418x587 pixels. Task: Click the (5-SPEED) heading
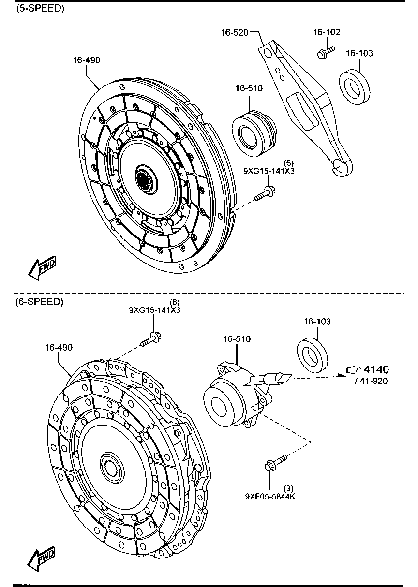coord(40,9)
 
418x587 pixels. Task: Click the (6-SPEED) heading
coord(40,302)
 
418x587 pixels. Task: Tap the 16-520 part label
coord(235,32)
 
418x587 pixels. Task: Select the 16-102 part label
coord(327,32)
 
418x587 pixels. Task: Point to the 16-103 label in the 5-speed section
coord(359,53)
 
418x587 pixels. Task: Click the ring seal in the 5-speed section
coord(355,87)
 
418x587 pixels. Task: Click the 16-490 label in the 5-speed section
coord(87,60)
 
